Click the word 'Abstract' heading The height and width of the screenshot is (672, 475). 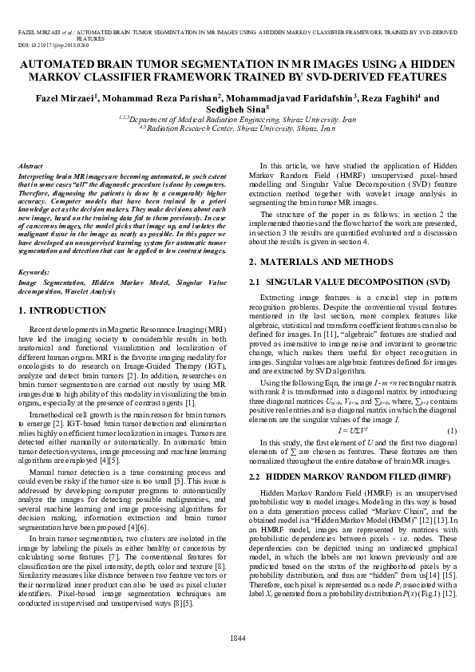coord(30,165)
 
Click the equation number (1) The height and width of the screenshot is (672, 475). coord(450,431)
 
